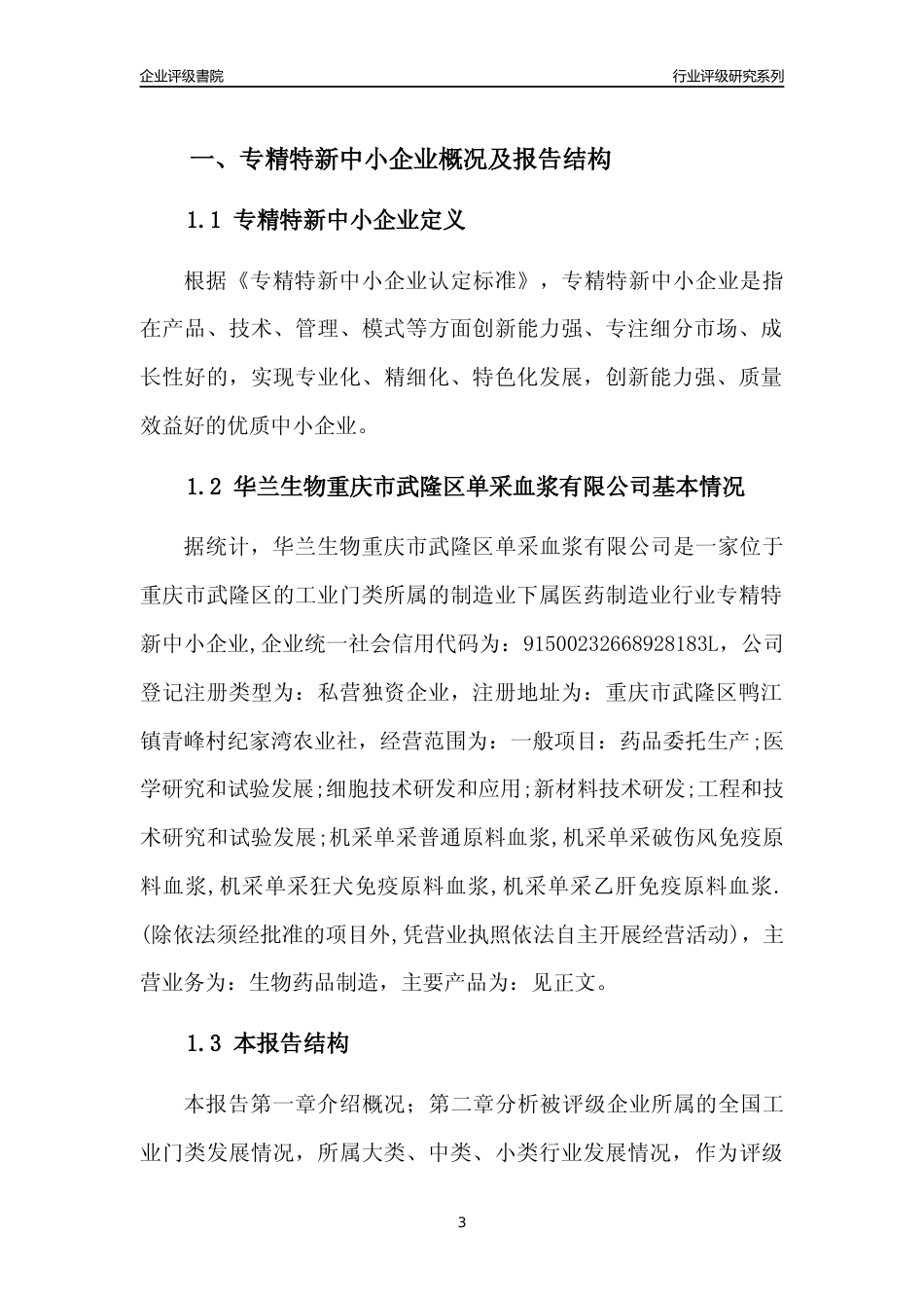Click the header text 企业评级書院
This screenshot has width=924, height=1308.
click(x=182, y=76)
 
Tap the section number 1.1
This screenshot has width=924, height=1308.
click(x=205, y=220)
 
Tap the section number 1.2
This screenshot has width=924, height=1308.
click(x=205, y=487)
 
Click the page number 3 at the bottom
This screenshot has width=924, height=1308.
click(x=462, y=1221)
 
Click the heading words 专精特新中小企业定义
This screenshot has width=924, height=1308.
click(x=350, y=220)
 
